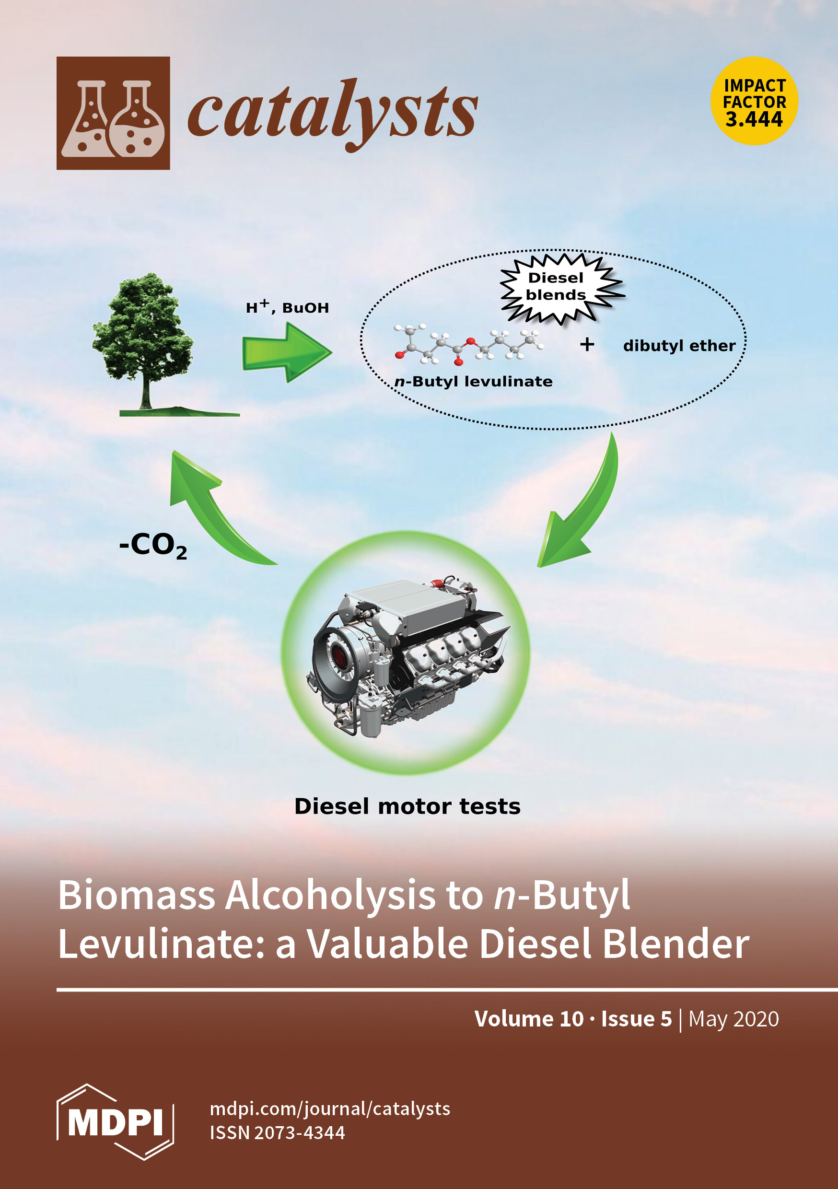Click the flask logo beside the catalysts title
(x=113, y=113)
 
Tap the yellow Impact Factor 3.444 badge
(x=754, y=101)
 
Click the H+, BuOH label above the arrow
(x=287, y=308)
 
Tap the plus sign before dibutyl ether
(x=587, y=344)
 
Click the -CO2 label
(x=153, y=547)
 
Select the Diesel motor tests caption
(x=407, y=806)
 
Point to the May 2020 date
(x=733, y=1019)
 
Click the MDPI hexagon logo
(x=115, y=1122)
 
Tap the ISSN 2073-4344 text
(x=277, y=1133)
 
